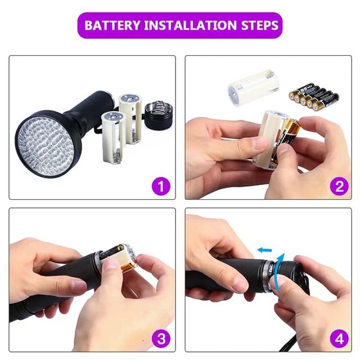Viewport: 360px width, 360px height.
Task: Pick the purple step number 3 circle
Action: (161, 338)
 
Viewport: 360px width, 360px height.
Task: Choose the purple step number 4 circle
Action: (339, 338)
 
